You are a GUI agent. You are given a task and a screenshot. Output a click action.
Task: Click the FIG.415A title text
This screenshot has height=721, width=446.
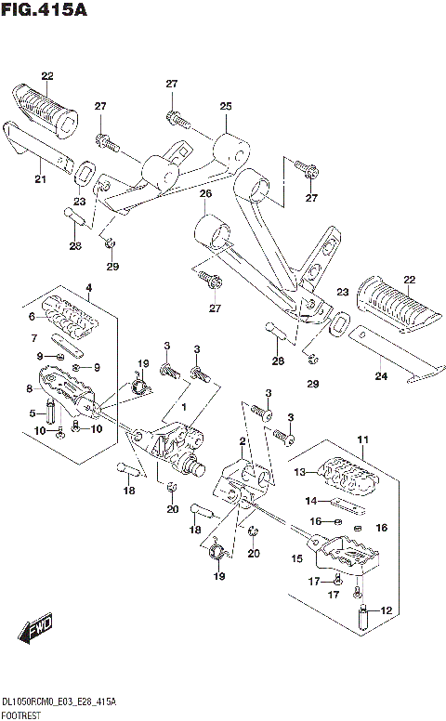[x=44, y=9]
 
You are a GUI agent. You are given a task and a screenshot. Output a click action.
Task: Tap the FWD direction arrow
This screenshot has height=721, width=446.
[x=35, y=628]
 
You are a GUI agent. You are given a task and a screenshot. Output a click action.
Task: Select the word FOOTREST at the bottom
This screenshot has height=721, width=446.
[x=21, y=715]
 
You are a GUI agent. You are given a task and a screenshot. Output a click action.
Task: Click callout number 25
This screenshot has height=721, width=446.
[x=226, y=106]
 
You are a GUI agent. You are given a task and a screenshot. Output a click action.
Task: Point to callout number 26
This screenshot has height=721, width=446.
[x=205, y=193]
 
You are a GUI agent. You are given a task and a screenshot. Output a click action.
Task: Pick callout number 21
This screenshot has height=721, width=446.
[x=41, y=178]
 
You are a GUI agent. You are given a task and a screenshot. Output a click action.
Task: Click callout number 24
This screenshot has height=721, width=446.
[x=381, y=376]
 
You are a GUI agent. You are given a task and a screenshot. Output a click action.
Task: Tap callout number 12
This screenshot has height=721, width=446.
[x=387, y=610]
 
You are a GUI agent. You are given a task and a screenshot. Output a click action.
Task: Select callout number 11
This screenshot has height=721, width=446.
[x=362, y=439]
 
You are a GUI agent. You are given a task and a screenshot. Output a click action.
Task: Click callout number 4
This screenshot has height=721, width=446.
[x=89, y=288]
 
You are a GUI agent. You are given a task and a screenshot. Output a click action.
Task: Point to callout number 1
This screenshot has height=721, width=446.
[x=184, y=407]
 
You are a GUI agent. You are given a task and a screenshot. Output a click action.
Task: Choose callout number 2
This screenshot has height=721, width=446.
[x=243, y=442]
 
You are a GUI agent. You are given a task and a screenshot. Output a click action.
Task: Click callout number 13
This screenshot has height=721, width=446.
[x=300, y=472]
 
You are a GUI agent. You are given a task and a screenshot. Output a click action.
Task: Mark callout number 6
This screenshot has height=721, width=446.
[x=32, y=316]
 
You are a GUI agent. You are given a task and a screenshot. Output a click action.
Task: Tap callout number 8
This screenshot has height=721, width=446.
[x=30, y=389]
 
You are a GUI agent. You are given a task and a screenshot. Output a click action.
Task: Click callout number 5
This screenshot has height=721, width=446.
[x=33, y=413]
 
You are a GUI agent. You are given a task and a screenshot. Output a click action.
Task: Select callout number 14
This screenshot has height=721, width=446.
[x=311, y=500]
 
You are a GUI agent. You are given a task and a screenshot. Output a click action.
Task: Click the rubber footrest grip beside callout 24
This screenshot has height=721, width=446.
[x=398, y=304]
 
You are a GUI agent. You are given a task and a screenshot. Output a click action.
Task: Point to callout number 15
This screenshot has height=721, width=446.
[x=297, y=558]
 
